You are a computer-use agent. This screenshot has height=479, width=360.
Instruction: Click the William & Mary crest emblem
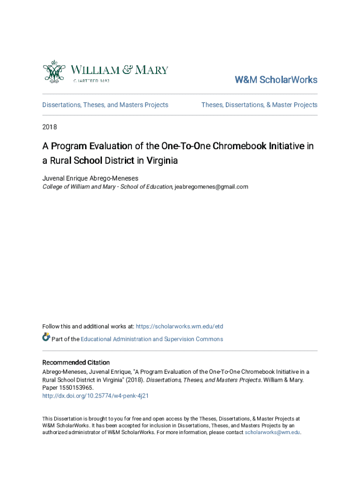pos(53,72)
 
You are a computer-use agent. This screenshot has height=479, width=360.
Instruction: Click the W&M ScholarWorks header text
pos(276,80)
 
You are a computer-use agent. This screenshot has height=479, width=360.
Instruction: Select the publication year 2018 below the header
pos(50,126)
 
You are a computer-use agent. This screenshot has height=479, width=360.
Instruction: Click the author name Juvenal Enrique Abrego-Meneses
pos(90,178)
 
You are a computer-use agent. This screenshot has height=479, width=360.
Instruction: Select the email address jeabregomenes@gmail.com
pos(211,187)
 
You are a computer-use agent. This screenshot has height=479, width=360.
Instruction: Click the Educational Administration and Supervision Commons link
pos(152,339)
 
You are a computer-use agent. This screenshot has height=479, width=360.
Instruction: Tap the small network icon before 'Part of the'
pos(46,337)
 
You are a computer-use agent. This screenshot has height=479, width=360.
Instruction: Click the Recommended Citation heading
pos(76,363)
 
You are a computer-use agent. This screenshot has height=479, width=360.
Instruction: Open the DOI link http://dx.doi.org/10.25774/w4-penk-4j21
pos(95,396)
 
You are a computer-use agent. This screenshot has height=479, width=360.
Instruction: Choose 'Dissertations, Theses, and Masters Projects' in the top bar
pos(105,105)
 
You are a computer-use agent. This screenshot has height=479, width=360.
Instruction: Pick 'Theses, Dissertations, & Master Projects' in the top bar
pos(259,105)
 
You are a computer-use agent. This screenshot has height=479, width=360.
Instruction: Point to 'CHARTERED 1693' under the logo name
pos(91,80)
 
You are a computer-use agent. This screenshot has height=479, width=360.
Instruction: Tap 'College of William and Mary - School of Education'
pos(107,187)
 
